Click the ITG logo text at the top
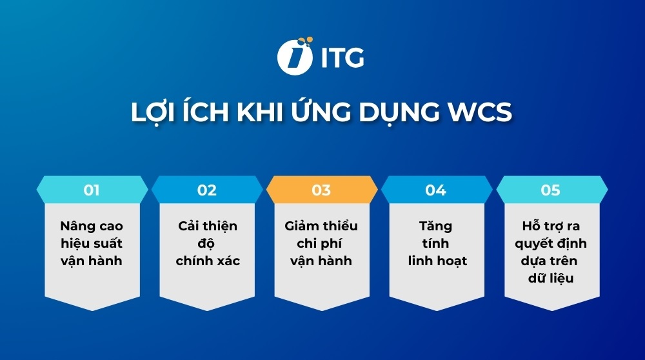pyautogui.click(x=342, y=57)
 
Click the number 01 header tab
pyautogui.click(x=92, y=190)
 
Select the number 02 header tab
pyautogui.click(x=207, y=190)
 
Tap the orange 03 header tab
pyautogui.click(x=322, y=190)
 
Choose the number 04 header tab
pyautogui.click(x=437, y=190)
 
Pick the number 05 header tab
pyautogui.click(x=551, y=190)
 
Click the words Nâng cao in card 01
pyautogui.click(x=92, y=225)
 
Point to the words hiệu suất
pyautogui.click(x=92, y=243)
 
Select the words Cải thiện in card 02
pyautogui.click(x=207, y=225)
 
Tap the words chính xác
pyautogui.click(x=208, y=261)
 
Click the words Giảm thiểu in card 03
pyautogui.click(x=321, y=225)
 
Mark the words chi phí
pyautogui.click(x=319, y=244)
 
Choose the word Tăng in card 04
pyautogui.click(x=435, y=226)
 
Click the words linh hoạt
pyautogui.click(x=438, y=261)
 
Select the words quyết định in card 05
pyautogui.click(x=551, y=244)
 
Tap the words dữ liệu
pyautogui.click(x=551, y=278)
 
